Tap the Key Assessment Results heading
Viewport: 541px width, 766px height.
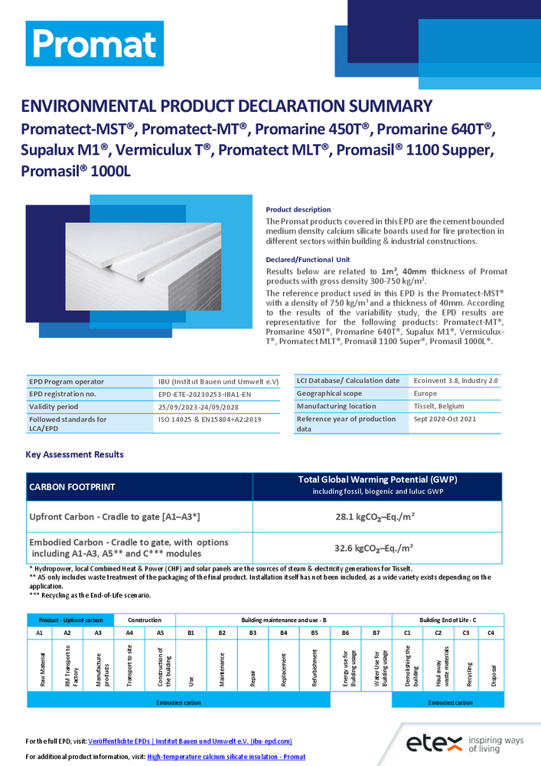tap(74, 454)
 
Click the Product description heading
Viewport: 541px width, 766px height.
tap(298, 209)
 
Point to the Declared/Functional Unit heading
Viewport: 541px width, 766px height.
tap(307, 259)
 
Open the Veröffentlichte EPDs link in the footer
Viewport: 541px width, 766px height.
tap(191, 741)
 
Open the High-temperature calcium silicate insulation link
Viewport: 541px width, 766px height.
tap(226, 756)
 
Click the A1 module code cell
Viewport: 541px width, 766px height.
tap(39, 633)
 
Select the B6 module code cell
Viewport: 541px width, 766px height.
tap(345, 633)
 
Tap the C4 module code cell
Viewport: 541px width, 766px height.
tap(490, 633)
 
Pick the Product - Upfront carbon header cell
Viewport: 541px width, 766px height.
tap(70, 620)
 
